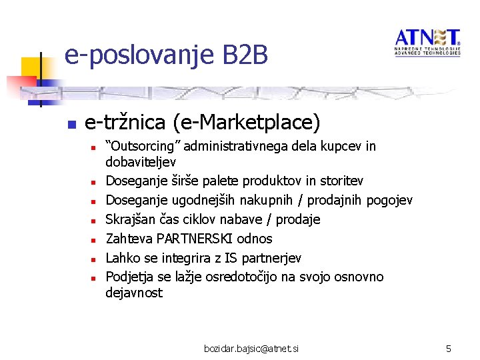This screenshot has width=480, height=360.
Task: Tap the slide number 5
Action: pos(449,349)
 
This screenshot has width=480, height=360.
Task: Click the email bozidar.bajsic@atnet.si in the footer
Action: pos(253,349)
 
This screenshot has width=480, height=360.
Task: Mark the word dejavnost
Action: pos(134,293)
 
